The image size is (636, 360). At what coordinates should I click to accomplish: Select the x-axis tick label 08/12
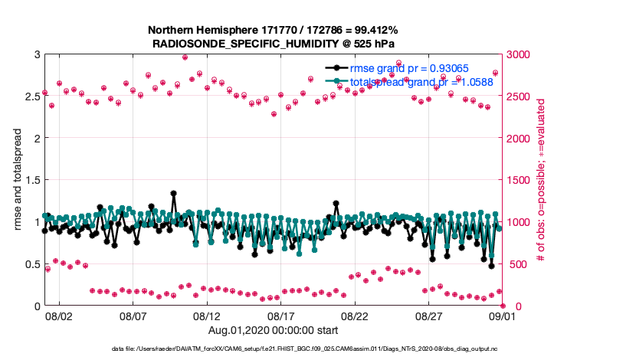207,315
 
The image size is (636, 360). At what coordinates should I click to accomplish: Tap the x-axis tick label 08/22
355,315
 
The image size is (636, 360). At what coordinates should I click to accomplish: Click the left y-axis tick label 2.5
29,97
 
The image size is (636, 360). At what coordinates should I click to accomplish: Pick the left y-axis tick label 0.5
29,264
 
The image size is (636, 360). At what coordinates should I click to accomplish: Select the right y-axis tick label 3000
521,54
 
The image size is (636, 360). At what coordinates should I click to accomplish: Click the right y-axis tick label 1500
521,181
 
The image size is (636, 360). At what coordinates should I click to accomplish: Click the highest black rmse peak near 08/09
174,194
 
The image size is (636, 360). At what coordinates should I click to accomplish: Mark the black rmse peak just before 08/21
336,203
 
